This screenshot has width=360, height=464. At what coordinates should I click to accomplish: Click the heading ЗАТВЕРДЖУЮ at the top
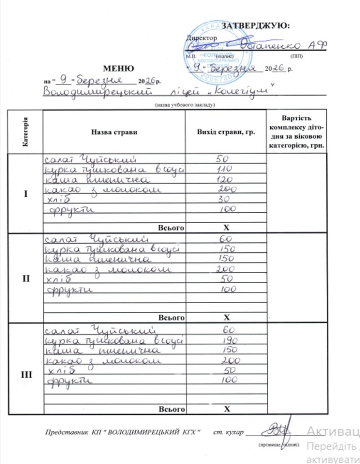click(255, 25)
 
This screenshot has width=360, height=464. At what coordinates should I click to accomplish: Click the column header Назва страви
click(114, 133)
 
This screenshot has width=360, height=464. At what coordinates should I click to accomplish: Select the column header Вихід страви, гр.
click(226, 133)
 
